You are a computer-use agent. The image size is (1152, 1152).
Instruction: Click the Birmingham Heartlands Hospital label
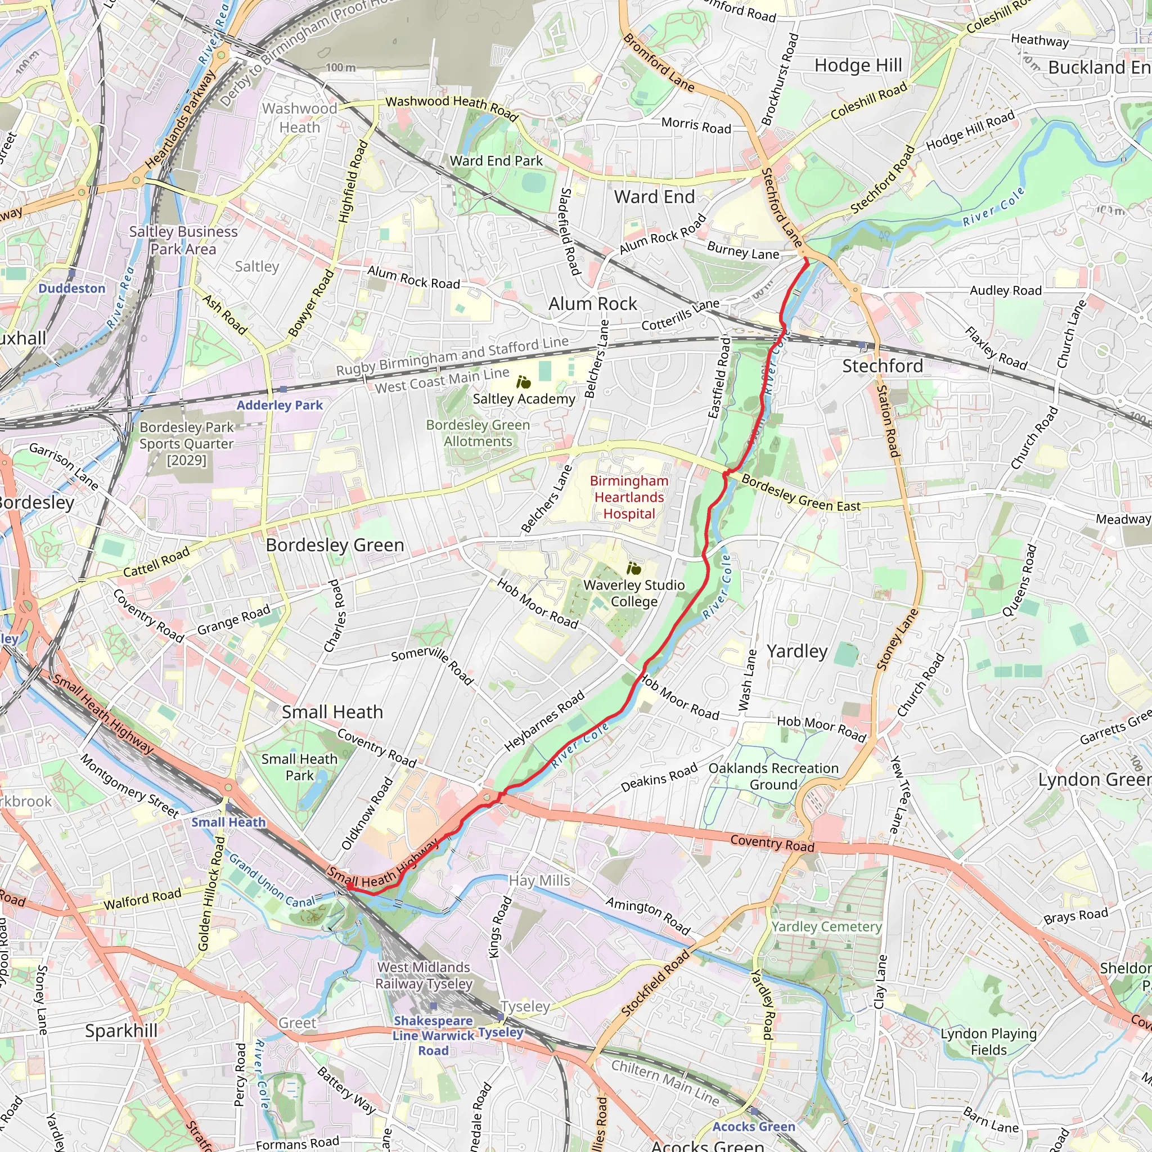point(629,497)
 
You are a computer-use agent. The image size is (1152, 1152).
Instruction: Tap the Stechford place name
point(882,366)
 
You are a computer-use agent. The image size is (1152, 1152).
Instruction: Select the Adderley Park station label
point(279,406)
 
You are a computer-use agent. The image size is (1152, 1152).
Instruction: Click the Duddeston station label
point(71,289)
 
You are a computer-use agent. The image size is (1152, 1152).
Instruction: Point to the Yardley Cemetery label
point(826,926)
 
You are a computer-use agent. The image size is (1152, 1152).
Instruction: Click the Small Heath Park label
point(299,767)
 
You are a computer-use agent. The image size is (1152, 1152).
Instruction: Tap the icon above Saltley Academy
point(524,382)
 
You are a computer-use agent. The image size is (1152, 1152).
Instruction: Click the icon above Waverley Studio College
point(634,568)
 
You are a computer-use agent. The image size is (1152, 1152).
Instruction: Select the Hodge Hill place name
point(858,66)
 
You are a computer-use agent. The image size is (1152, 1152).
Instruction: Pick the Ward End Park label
point(496,161)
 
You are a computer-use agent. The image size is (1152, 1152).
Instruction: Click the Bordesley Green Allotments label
point(478,433)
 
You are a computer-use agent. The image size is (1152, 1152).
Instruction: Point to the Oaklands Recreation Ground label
point(773,776)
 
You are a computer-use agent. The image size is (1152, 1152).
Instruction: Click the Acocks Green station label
point(754,1126)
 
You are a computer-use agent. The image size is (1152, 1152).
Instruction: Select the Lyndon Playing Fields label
point(989,1042)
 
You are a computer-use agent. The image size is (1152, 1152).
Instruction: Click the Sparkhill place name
point(121,1031)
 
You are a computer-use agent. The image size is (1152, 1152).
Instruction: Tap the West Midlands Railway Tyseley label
point(424,975)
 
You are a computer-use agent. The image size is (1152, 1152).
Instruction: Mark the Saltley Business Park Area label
point(183,240)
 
